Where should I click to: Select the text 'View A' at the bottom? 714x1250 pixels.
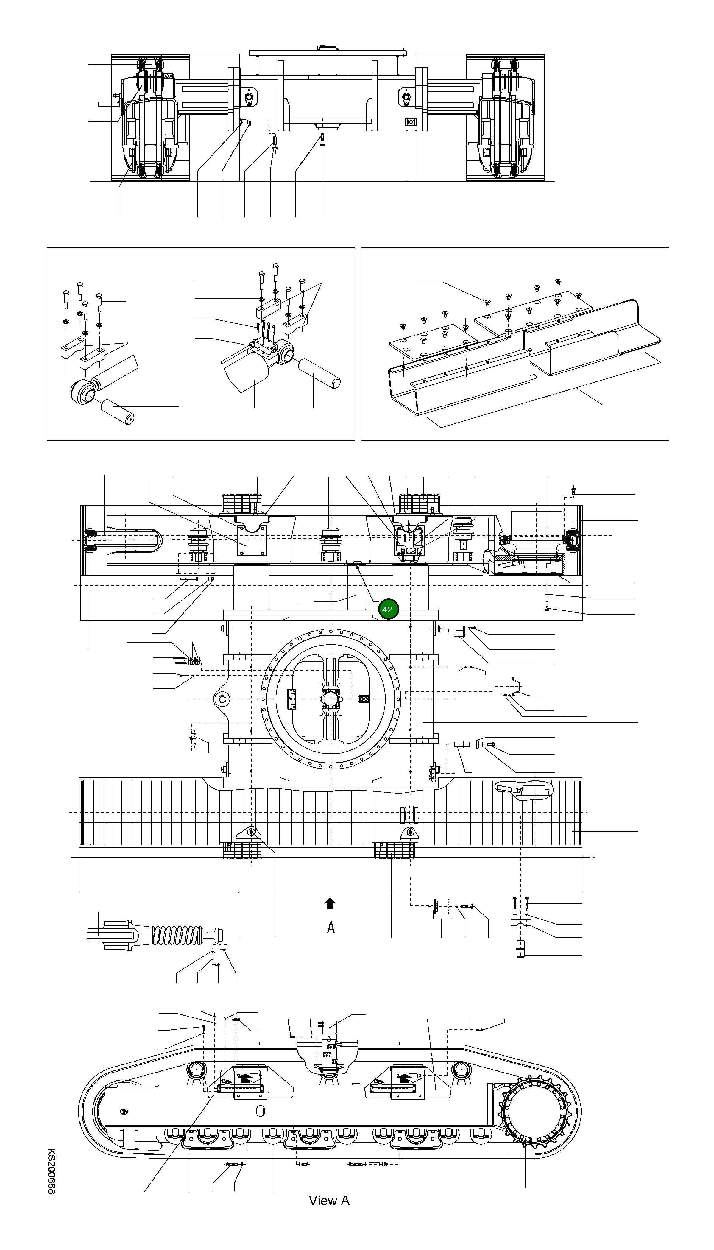click(328, 1201)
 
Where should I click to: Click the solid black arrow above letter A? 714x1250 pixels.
click(330, 903)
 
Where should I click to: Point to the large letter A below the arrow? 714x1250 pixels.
click(331, 927)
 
